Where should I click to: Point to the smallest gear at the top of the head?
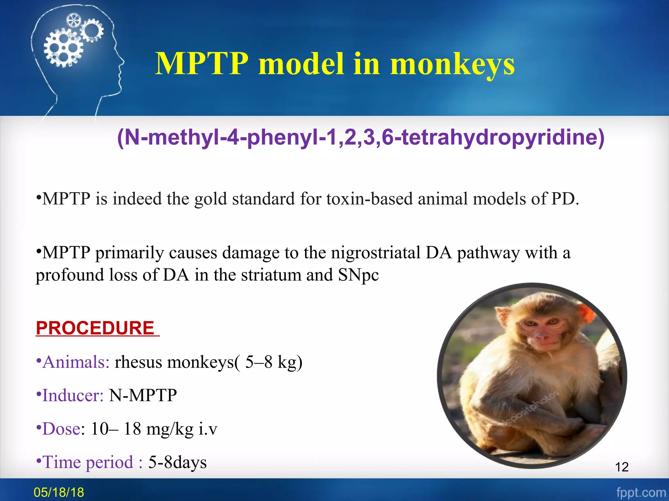tap(73, 21)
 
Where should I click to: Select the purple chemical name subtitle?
tap(361, 137)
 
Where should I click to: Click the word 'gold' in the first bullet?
tap(210, 199)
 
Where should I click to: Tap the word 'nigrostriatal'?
tap(376, 253)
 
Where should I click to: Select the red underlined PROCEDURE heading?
tap(95, 328)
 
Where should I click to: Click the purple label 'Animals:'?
tap(76, 362)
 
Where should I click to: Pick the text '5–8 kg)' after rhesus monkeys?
tap(274, 362)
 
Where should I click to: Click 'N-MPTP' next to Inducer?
tap(143, 396)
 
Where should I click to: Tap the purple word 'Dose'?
tap(61, 429)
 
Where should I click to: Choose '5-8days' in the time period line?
tap(177, 463)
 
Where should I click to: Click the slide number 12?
tap(622, 467)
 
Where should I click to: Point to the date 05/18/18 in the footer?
tap(59, 492)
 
